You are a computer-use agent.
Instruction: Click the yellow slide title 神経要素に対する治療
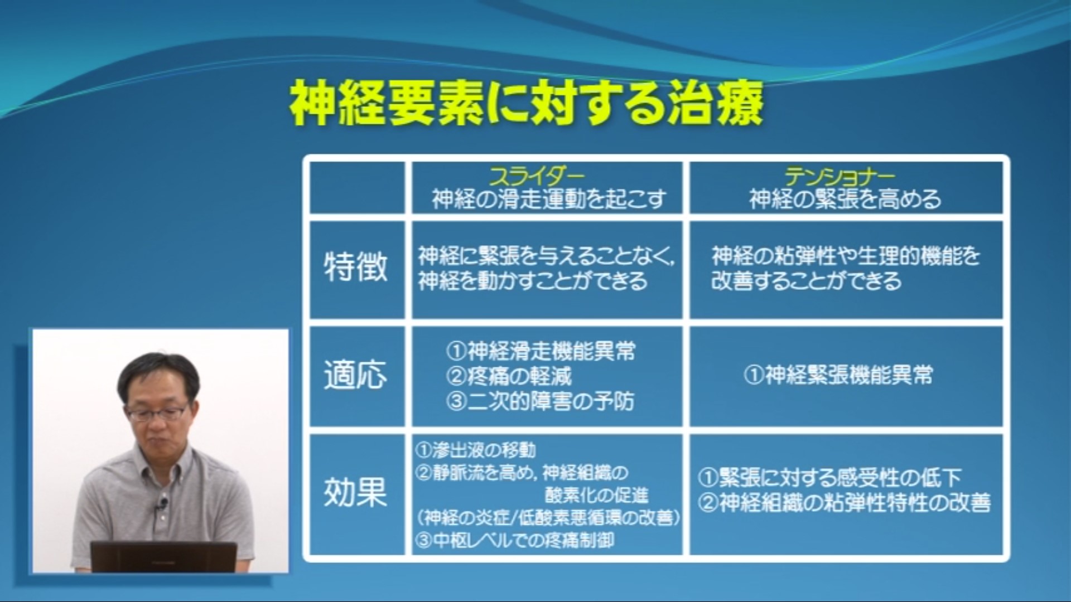point(525,104)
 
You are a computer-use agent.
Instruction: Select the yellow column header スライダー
point(537,177)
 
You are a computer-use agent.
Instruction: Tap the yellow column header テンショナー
point(840,177)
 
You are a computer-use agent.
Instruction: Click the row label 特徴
point(356,266)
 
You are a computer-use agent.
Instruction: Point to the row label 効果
point(356,492)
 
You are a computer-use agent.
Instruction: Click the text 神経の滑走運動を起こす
point(549,199)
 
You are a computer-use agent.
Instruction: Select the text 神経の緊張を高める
point(845,199)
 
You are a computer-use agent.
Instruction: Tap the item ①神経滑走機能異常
point(541,351)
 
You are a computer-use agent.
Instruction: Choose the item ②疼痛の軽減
point(509,376)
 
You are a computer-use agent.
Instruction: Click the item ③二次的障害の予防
point(540,401)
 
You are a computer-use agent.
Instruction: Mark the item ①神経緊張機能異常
point(838,375)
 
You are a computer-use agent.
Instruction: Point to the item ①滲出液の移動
point(476,450)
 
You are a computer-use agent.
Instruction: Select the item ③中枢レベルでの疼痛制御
point(515,540)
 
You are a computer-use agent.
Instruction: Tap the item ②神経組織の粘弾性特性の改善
point(844,503)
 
